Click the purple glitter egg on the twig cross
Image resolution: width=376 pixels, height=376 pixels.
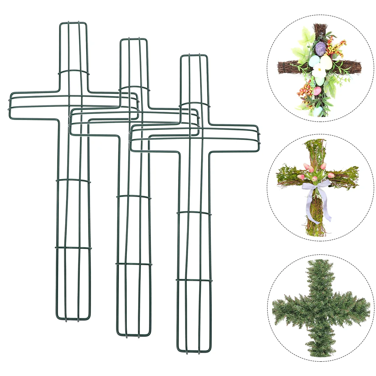(x=321, y=48)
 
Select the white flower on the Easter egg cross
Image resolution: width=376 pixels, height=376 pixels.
(x=319, y=70)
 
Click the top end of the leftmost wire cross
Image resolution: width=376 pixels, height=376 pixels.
(x=73, y=23)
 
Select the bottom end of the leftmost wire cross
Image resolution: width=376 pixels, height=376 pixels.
(x=73, y=319)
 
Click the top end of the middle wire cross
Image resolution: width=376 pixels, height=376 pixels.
(x=133, y=39)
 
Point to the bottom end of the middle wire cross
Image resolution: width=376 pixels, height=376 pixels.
(x=134, y=335)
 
